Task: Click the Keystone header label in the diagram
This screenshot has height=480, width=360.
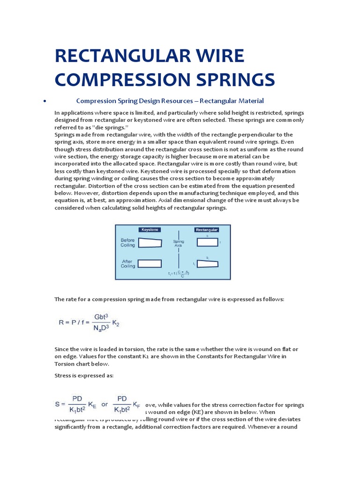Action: (150, 230)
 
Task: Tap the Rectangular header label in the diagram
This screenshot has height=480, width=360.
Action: (206, 230)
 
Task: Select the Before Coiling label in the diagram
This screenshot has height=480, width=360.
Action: (127, 242)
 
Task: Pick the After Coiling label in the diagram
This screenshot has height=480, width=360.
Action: (127, 263)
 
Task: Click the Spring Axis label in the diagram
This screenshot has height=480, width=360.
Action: (179, 244)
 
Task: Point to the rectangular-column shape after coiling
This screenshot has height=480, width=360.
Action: (207, 264)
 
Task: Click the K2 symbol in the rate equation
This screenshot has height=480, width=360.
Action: (115, 323)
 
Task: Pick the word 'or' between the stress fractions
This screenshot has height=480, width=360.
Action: (105, 405)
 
